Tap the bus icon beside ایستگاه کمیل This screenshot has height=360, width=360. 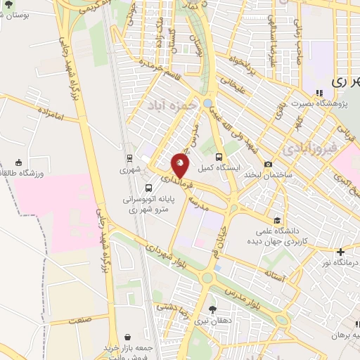[219, 157]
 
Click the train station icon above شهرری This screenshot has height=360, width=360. [129, 158]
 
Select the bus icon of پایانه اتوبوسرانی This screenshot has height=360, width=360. [148, 188]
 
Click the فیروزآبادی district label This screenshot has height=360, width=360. [309, 150]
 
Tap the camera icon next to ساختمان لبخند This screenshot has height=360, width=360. [268, 164]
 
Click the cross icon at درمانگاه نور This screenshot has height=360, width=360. [340, 252]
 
